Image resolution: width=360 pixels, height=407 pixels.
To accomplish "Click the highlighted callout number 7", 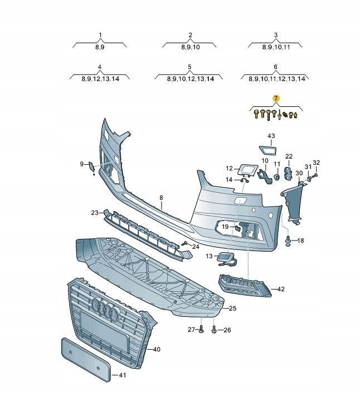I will [275, 99].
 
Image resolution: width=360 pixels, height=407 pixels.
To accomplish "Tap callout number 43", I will [271, 136].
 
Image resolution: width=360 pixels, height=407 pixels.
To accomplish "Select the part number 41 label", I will [123, 375].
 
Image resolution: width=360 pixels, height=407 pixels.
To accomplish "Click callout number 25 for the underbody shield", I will [232, 308].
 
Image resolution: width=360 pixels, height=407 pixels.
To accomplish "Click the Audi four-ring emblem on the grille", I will [105, 308].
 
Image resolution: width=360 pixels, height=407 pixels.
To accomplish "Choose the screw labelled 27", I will [201, 330].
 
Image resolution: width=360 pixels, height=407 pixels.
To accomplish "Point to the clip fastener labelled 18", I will [288, 241].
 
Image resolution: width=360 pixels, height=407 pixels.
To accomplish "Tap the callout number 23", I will [95, 212].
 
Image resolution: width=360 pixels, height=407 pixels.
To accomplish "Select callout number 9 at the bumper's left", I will [81, 164].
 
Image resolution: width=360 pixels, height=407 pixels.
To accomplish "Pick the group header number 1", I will [100, 35].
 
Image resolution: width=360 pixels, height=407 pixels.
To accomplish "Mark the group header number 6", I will [275, 67].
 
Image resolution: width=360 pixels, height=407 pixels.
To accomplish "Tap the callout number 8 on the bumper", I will [161, 198].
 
